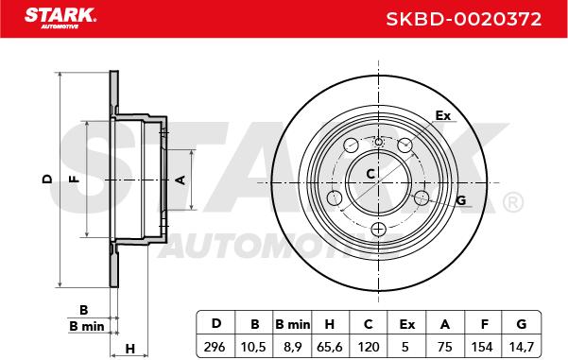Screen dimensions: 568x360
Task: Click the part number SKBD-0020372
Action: coord(464,19)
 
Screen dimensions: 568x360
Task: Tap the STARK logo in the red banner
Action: coord(60,18)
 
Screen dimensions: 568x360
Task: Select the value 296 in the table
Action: coord(215,347)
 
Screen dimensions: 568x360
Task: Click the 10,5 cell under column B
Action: coord(253,347)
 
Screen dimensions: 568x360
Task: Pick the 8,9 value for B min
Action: coord(292,347)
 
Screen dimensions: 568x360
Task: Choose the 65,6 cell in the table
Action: coord(330,347)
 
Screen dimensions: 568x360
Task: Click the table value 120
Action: coord(368,347)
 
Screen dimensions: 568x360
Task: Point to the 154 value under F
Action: coord(482,347)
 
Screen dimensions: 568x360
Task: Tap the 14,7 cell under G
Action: coord(521,347)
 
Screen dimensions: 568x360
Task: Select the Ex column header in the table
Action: coord(406,324)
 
